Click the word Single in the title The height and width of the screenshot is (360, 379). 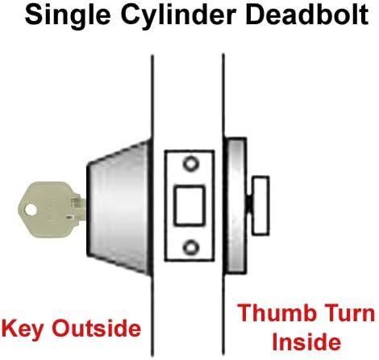tap(68, 16)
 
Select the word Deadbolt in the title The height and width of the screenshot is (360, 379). tap(307, 15)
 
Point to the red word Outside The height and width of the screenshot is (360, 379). tap(97, 329)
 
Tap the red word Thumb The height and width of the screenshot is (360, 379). tap(277, 313)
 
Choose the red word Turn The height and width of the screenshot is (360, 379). tap(350, 313)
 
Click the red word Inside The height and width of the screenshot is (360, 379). tap(306, 341)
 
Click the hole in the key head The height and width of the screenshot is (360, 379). tap(31, 210)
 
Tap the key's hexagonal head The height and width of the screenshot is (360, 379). tap(45, 210)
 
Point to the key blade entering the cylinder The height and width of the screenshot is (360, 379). tap(79, 209)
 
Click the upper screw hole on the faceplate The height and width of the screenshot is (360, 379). tap(190, 163)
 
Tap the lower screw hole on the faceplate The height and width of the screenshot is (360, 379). tap(190, 247)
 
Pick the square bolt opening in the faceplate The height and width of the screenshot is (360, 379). tap(189, 206)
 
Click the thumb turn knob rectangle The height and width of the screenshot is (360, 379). tap(260, 206)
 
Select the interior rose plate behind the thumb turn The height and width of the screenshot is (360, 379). tap(235, 206)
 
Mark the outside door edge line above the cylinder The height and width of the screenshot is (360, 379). tap(152, 98)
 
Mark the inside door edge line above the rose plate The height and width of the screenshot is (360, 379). tap(223, 96)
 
